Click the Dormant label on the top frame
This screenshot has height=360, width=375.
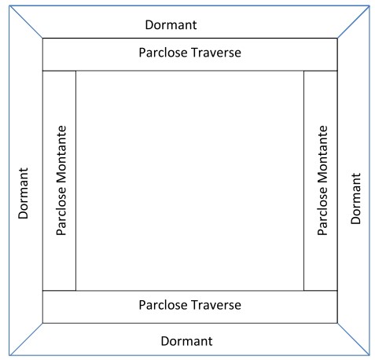coord(171,25)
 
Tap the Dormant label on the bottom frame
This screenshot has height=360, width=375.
coord(186,341)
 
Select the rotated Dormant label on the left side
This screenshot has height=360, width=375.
coord(23,193)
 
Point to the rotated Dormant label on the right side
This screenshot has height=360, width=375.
coord(355,198)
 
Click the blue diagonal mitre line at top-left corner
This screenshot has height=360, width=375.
coord(26,22)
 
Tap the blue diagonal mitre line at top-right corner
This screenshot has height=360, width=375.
coord(353,22)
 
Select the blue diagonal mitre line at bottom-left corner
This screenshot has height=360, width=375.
coord(26,340)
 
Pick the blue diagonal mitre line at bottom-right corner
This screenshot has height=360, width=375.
coord(353,340)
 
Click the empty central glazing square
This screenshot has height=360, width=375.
coord(190,181)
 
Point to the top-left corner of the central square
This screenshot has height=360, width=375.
coord(76,71)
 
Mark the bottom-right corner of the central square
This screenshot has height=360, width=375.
coord(304,291)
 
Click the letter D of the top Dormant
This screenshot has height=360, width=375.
coord(150,25)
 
